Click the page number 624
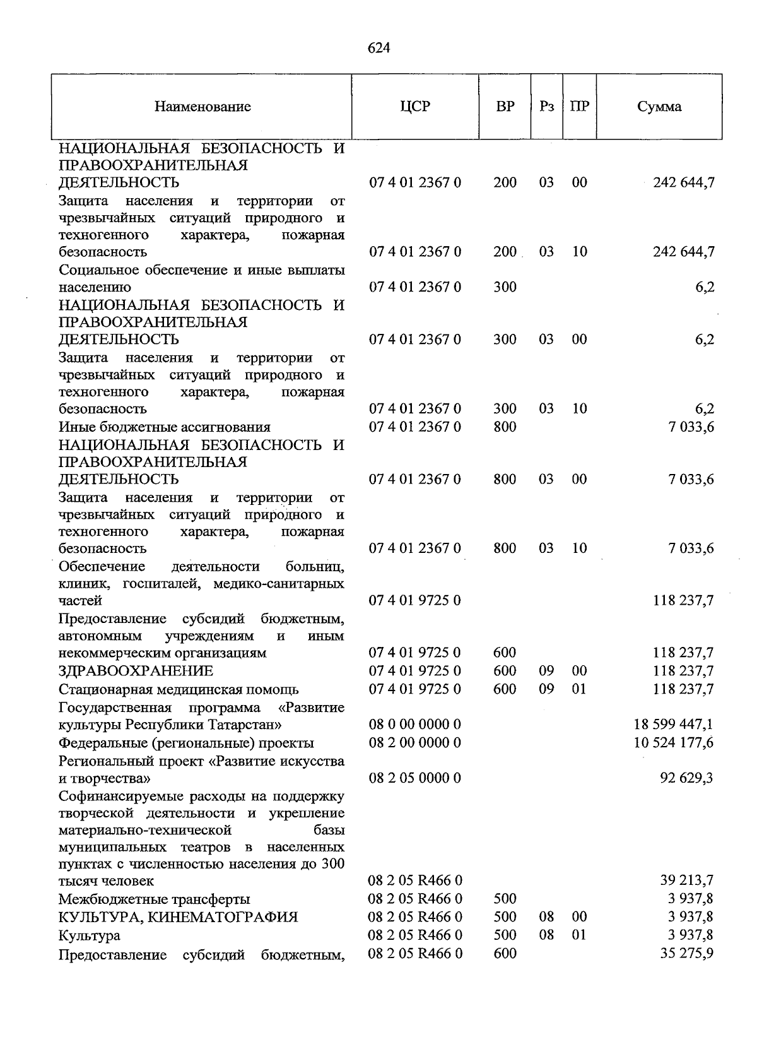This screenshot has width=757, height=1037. pyautogui.click(x=378, y=48)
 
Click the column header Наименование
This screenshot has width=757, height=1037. pyautogui.click(x=202, y=107)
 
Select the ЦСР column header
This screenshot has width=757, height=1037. pyautogui.click(x=415, y=106)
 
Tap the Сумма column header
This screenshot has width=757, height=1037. pyautogui.click(x=659, y=107)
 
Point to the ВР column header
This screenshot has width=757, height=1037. pyautogui.click(x=505, y=106)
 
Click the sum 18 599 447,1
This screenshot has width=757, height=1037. pyautogui.click(x=673, y=725)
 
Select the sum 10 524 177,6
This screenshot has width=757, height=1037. pyautogui.click(x=673, y=743)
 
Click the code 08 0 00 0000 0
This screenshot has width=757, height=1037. pyautogui.click(x=415, y=725)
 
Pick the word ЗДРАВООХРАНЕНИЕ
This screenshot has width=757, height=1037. pyautogui.click(x=136, y=671)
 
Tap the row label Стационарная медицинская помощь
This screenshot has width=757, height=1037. pyautogui.click(x=179, y=689)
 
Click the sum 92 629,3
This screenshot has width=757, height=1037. pyautogui.click(x=686, y=778)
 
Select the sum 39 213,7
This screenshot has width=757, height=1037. pyautogui.click(x=686, y=880)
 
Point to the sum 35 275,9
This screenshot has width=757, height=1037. pyautogui.click(x=686, y=954)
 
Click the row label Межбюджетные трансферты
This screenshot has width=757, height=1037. pyautogui.click(x=154, y=899)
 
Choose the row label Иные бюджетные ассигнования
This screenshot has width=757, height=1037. pyautogui.click(x=165, y=427)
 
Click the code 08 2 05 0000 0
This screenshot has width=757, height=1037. pyautogui.click(x=415, y=778)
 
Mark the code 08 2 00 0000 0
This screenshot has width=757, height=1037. pyautogui.click(x=415, y=743)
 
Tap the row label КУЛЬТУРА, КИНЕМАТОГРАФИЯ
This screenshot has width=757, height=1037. pyautogui.click(x=178, y=917)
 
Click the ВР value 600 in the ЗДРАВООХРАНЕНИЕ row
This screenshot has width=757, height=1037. pyautogui.click(x=505, y=671)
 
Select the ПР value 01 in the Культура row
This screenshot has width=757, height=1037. pyautogui.click(x=579, y=935)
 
